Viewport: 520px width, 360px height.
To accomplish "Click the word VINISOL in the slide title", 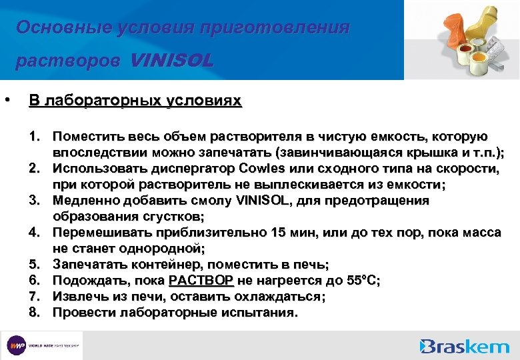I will pos(172,61).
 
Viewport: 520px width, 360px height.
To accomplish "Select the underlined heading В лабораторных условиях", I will pos(135,101).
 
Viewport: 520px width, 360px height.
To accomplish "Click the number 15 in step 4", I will pos(279,233).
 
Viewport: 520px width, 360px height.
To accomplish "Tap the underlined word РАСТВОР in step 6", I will pos(201,281).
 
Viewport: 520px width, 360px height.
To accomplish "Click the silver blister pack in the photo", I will pos(494,48).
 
